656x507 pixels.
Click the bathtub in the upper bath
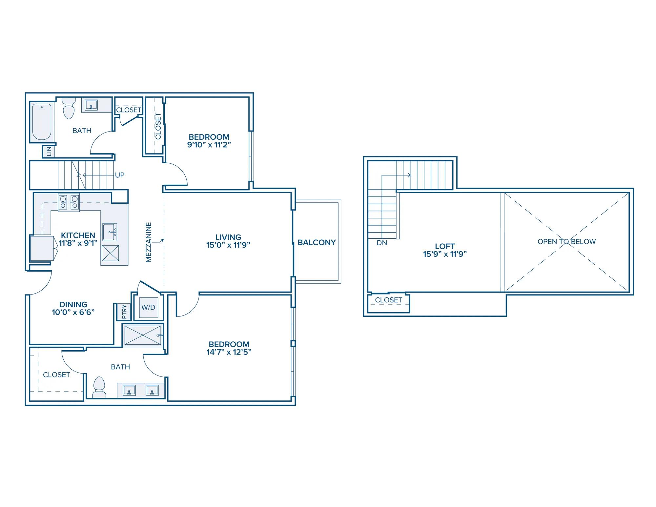click(x=42, y=122)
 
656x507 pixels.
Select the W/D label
click(x=148, y=307)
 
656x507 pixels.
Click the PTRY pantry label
click(x=124, y=312)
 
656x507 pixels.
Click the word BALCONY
click(x=317, y=242)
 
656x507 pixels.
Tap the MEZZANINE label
click(x=149, y=242)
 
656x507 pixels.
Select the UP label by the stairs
click(x=120, y=175)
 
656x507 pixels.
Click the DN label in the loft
click(x=382, y=243)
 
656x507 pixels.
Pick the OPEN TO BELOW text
click(x=566, y=242)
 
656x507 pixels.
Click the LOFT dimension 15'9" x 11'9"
click(x=445, y=254)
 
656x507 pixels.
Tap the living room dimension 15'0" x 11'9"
click(x=228, y=245)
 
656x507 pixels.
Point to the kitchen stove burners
click(x=69, y=202)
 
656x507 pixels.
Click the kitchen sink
click(x=110, y=232)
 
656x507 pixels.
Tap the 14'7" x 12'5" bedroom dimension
click(x=229, y=352)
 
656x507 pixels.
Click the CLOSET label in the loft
click(x=388, y=300)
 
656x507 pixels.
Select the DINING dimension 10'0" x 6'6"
click(x=73, y=312)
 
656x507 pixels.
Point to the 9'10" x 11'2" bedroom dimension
click(x=209, y=145)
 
